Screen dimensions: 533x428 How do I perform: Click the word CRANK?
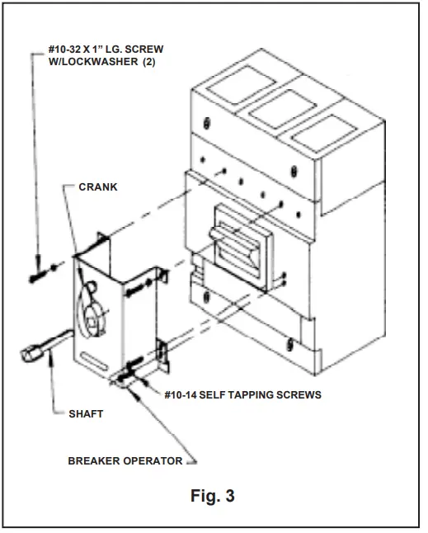[x=97, y=186]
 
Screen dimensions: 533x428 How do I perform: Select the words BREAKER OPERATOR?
[x=125, y=460]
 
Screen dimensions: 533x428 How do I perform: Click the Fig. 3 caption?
[x=213, y=498]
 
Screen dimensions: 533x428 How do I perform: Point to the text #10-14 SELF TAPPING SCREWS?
[x=242, y=395]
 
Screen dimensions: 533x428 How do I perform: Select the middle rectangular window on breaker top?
[x=273, y=111]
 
